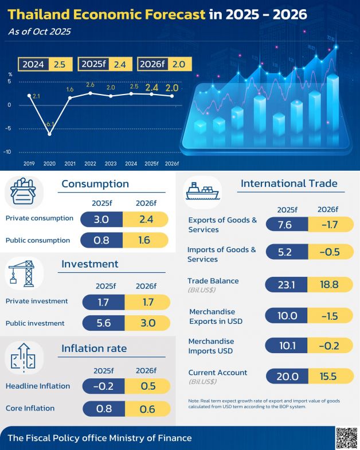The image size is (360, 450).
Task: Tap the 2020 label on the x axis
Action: point(49,163)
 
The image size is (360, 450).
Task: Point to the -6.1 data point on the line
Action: point(49,134)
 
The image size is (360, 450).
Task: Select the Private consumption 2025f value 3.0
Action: point(102,219)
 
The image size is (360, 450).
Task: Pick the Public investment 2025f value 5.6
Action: point(103,323)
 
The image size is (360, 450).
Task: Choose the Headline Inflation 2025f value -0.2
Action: point(103,386)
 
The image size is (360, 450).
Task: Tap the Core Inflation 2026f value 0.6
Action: point(148,408)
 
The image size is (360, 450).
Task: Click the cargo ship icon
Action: point(202,191)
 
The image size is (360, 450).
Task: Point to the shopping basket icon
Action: point(24,193)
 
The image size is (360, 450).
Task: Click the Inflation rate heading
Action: point(94,349)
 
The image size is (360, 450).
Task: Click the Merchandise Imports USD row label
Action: point(211,346)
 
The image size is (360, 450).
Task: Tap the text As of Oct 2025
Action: point(39,32)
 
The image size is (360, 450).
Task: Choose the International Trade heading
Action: point(289,183)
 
